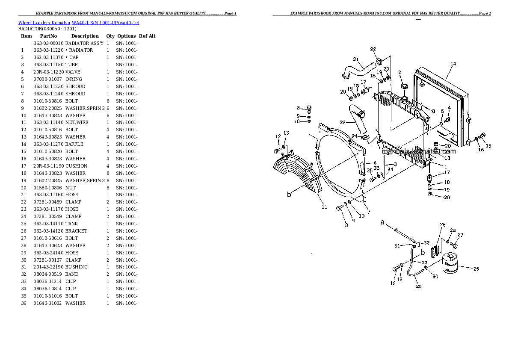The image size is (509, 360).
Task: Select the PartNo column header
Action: pyautogui.click(x=48, y=36)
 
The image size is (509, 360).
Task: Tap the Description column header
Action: pyautogui.click(x=85, y=36)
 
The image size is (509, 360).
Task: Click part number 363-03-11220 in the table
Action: pyautogui.click(x=48, y=50)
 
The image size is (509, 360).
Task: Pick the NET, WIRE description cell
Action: pyautogui.click(x=77, y=122)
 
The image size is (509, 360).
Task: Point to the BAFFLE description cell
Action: pyautogui.click(x=74, y=144)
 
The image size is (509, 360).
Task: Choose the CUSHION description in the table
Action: pyautogui.click(x=76, y=166)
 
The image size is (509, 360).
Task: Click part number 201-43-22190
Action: pyautogui.click(x=48, y=267)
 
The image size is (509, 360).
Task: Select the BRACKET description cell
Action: pyautogui.click(x=76, y=231)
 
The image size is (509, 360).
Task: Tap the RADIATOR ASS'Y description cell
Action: pyautogui.click(x=84, y=43)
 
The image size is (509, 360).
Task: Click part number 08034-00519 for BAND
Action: pyautogui.click(x=48, y=274)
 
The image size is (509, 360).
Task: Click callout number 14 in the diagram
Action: pyautogui.click(x=453, y=64)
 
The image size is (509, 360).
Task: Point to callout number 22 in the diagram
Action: pyautogui.click(x=373, y=49)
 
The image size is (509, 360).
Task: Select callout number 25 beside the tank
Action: pyautogui.click(x=476, y=269)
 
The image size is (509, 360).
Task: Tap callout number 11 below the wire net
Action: pyautogui.click(x=324, y=207)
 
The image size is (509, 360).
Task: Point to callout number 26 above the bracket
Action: pyautogui.click(x=443, y=225)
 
